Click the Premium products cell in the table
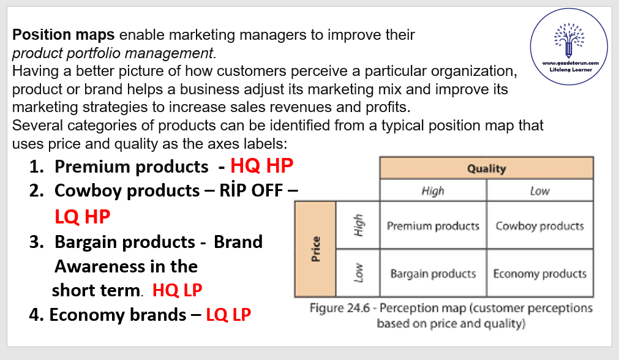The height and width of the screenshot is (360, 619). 433,225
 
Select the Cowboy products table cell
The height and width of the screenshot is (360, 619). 540,225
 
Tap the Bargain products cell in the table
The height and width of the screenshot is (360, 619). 433,273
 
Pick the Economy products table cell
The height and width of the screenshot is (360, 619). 540,273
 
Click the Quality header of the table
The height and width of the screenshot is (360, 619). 486,168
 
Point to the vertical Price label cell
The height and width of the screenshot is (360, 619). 315,249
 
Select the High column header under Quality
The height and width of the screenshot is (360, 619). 433,190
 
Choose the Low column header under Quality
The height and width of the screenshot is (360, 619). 540,190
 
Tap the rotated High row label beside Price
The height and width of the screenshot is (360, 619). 358,225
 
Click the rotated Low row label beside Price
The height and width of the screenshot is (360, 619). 358,273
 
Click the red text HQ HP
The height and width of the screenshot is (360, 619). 261,166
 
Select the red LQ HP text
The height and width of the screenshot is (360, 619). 83,217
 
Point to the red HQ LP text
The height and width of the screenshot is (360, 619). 178,290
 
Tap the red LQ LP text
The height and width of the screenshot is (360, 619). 228,315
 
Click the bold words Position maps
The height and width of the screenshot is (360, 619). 63,35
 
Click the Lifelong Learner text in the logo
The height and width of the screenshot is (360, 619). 571,70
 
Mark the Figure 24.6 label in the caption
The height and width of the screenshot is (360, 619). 340,308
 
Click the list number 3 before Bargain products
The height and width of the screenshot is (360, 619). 36,242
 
